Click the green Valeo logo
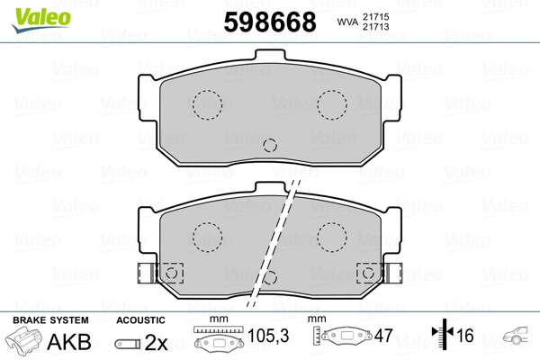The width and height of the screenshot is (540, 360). click(41, 20)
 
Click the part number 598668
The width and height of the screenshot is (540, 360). click(270, 22)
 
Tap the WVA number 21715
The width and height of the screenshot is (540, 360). click(375, 16)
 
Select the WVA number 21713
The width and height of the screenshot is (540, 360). click(375, 26)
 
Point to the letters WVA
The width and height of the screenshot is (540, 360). click(347, 22)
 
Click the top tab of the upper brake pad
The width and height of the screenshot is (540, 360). click(270, 55)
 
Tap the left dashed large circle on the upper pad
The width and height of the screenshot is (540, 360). click(207, 105)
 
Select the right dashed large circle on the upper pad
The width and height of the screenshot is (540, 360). click(332, 105)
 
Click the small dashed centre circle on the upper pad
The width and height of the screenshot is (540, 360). click(270, 146)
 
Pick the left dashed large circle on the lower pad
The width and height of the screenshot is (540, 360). click(207, 238)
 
